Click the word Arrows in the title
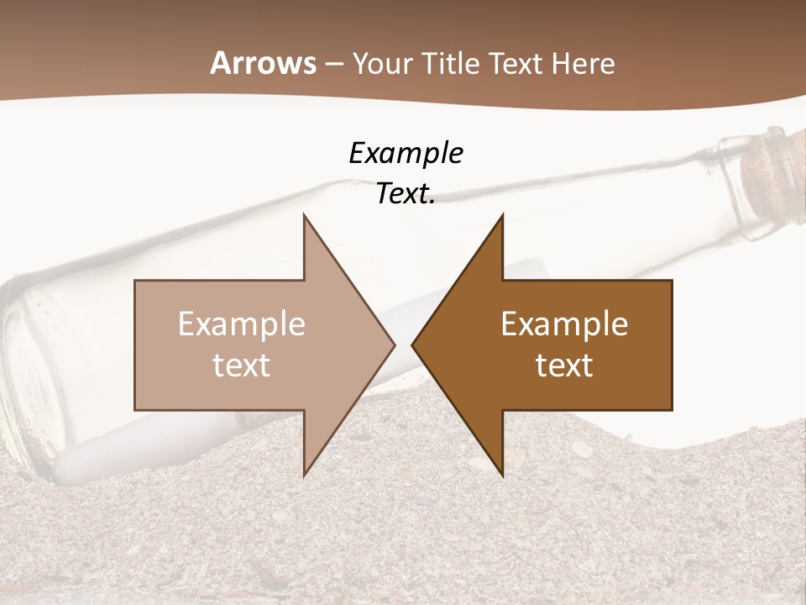coord(264,63)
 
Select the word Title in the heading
coord(452,64)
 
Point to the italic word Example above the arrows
coord(406,154)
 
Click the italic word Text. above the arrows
coord(406,194)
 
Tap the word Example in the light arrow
coord(242,324)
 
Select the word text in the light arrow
coord(242,366)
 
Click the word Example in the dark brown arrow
coord(564,324)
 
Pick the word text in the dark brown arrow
coord(564,366)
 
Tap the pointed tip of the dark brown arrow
coord(415,345)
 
